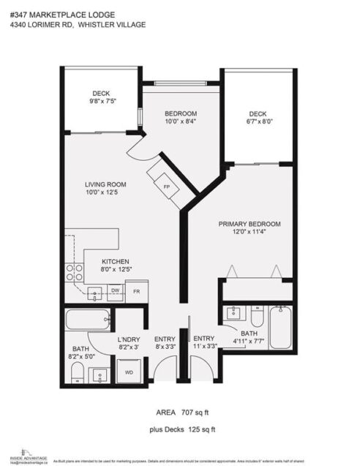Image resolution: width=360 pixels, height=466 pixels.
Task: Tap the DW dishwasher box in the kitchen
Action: tap(115, 290)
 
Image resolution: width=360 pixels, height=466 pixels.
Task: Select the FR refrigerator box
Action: tap(136, 290)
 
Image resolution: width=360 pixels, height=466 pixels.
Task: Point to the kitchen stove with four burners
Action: tap(74, 272)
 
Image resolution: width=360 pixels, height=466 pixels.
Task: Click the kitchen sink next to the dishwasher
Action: tap(96, 293)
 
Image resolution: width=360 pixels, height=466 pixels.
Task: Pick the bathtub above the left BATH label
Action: tap(86, 320)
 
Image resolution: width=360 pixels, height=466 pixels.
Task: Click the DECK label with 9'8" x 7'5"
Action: tap(101, 93)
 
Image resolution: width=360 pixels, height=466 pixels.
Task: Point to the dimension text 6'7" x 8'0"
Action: tap(258, 123)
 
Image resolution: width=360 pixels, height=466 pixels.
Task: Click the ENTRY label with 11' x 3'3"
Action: tap(203, 339)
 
